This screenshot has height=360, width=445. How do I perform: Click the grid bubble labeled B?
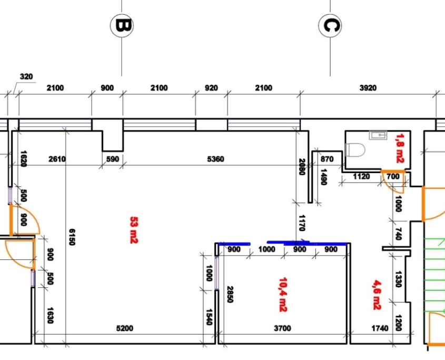tap(122, 26)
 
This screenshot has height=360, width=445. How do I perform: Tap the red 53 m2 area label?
tap(134, 230)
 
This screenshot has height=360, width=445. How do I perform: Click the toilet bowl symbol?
tap(357, 150)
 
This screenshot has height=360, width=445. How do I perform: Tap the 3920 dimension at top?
tap(368, 88)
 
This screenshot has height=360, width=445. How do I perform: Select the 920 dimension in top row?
tap(211, 88)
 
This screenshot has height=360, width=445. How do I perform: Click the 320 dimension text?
tap(26, 77)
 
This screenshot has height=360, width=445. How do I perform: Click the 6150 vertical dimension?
tap(72, 237)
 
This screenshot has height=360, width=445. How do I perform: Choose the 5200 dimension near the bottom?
tap(124, 328)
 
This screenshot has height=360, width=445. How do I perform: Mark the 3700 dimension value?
tap(282, 328)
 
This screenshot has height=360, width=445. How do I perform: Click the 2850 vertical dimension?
tap(229, 294)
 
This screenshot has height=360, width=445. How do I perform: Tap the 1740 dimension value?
tap(379, 328)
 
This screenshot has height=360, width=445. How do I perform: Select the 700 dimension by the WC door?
tap(392, 177)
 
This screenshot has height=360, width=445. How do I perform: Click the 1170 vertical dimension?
tap(302, 223)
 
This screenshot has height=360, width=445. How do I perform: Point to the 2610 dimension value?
tap(56, 159)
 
